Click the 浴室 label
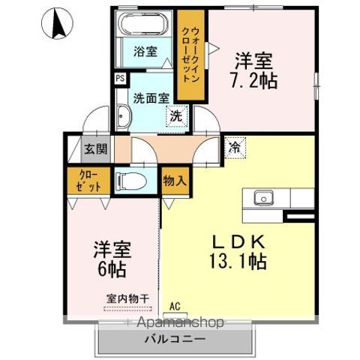(145, 52)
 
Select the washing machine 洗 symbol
(175, 117)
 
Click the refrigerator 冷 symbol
(235, 148)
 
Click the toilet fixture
(132, 181)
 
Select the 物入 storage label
(175, 181)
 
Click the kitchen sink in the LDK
(263, 199)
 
